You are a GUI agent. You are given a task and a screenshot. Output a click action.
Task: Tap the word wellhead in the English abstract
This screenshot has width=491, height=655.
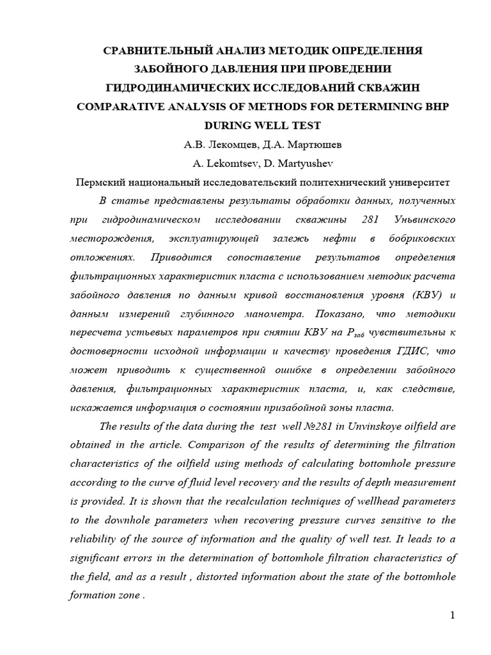point(378,501)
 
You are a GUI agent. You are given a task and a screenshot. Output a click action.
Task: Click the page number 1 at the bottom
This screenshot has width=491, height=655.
point(452,616)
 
